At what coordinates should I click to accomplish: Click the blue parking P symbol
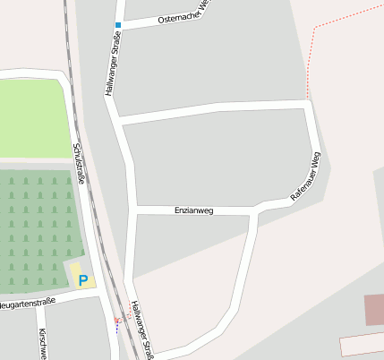point(83,280)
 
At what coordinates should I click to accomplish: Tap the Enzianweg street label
point(194,210)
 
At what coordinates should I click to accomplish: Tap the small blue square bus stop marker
point(117,25)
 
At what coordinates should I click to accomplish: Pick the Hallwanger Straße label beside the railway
point(142,330)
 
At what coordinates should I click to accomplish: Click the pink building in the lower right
point(374,310)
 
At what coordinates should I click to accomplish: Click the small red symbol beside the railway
point(115,320)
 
